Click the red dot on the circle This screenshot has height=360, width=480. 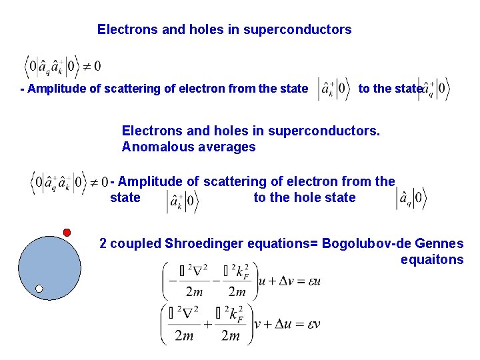point(67,232)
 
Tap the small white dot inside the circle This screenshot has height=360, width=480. point(39,289)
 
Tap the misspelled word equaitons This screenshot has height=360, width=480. point(431,260)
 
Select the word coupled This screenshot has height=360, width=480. point(136,243)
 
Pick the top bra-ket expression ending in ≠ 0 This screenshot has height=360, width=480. point(62,66)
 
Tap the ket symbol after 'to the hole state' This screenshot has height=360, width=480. point(411,197)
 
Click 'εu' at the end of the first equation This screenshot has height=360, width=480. point(313,281)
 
